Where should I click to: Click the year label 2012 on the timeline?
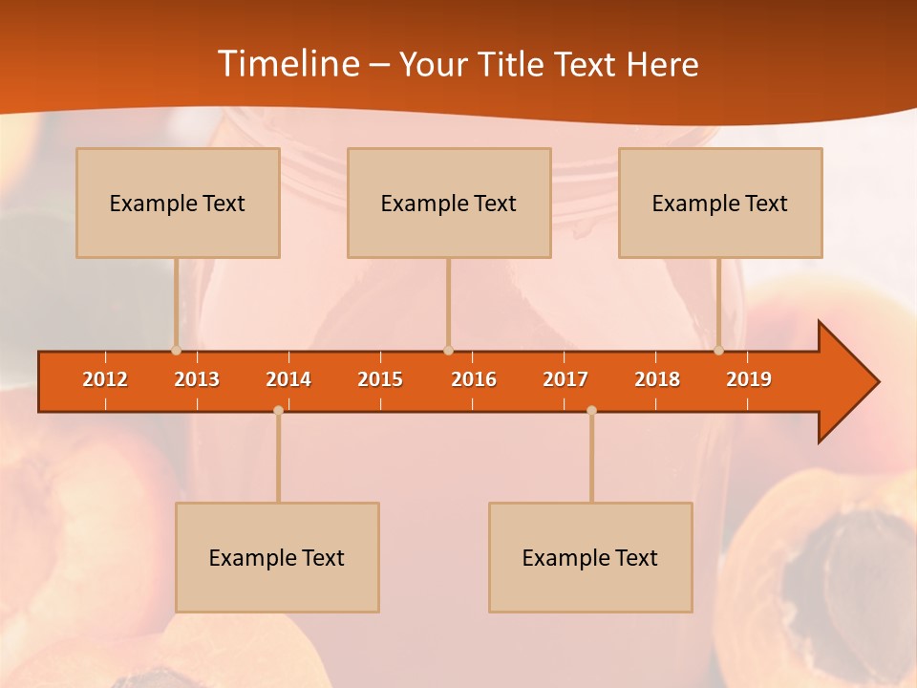[x=105, y=379]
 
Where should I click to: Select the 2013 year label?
[x=197, y=379]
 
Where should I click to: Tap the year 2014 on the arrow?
[x=288, y=379]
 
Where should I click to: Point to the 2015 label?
[x=380, y=379]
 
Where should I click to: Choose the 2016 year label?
[x=474, y=379]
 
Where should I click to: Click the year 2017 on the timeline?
[x=565, y=379]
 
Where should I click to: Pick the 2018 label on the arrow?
[x=657, y=379]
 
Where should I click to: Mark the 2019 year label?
[x=749, y=379]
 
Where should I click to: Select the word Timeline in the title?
[x=288, y=64]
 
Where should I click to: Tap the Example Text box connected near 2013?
[x=178, y=203]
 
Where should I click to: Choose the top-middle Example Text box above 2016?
[x=449, y=203]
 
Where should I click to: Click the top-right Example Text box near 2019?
[x=720, y=203]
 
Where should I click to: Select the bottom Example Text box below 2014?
[x=277, y=557]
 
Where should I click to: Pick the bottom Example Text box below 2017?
[x=590, y=557]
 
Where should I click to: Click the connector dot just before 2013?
[x=176, y=351]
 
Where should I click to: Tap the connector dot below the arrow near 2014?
[x=278, y=410]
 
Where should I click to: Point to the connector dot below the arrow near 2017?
[x=591, y=410]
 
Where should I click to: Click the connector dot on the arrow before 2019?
[x=718, y=351]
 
